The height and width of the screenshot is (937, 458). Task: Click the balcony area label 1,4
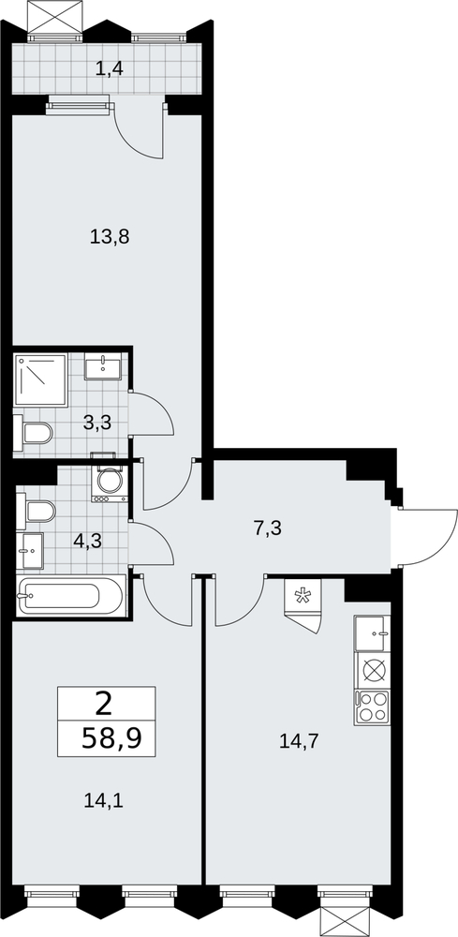[110, 68]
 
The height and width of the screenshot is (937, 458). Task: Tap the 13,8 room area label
[110, 237]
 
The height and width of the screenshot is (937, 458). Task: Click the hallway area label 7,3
[267, 528]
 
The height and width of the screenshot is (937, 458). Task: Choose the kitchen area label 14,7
[299, 741]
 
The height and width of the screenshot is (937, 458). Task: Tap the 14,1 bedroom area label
[105, 799]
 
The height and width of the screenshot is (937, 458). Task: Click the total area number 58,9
[111, 738]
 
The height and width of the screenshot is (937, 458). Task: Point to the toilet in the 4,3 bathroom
[36, 512]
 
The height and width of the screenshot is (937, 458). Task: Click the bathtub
[71, 595]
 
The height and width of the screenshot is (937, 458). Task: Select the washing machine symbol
[110, 482]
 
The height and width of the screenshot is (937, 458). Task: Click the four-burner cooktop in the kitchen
[372, 707]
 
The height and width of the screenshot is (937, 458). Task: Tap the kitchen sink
[372, 633]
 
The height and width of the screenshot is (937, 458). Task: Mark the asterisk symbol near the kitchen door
[304, 596]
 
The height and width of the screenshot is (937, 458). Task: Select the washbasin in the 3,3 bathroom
[103, 365]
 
